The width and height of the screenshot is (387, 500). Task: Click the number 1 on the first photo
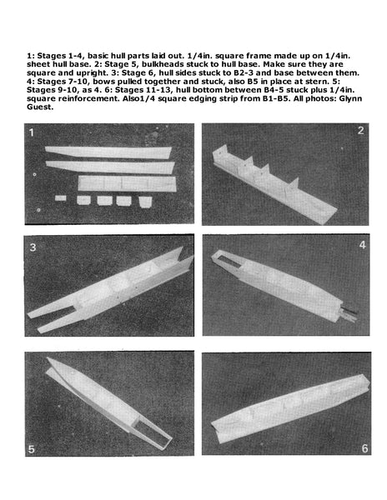point(31,132)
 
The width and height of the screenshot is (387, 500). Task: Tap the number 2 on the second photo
point(360,131)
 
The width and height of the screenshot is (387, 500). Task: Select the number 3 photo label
point(33,247)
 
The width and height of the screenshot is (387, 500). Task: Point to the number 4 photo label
point(363,245)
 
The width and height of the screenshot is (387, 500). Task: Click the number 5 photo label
point(31,449)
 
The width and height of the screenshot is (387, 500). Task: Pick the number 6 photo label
point(364,448)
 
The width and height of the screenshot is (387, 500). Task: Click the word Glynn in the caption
point(350,98)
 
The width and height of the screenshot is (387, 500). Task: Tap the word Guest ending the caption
point(40,107)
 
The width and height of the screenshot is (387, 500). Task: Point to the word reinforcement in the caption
point(89,98)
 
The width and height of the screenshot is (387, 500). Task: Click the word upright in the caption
point(91,73)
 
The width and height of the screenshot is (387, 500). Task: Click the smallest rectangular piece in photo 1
point(61,198)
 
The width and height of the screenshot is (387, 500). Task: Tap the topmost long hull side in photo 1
point(108,152)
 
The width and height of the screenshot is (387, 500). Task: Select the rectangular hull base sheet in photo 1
point(127,183)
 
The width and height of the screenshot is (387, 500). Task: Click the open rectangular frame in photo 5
point(152,433)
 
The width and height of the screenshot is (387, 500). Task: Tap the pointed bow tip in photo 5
point(48,358)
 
